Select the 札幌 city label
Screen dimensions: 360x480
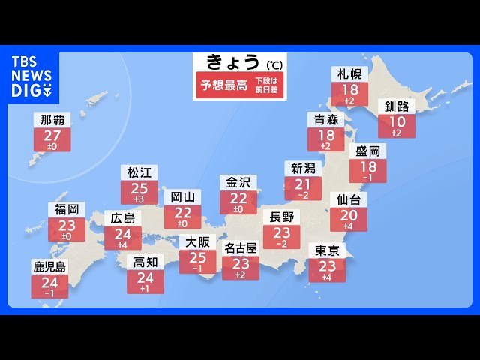(349, 74)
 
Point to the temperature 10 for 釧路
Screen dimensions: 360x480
(396, 121)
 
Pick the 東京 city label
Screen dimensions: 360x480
(327, 251)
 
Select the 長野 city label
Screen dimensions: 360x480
(282, 218)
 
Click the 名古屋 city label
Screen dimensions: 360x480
(241, 247)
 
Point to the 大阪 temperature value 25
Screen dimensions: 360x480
(198, 257)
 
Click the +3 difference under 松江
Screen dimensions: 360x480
(139, 199)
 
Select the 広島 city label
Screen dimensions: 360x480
(122, 219)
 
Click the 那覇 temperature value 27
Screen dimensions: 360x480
(52, 136)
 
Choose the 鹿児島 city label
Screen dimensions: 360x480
(49, 267)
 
